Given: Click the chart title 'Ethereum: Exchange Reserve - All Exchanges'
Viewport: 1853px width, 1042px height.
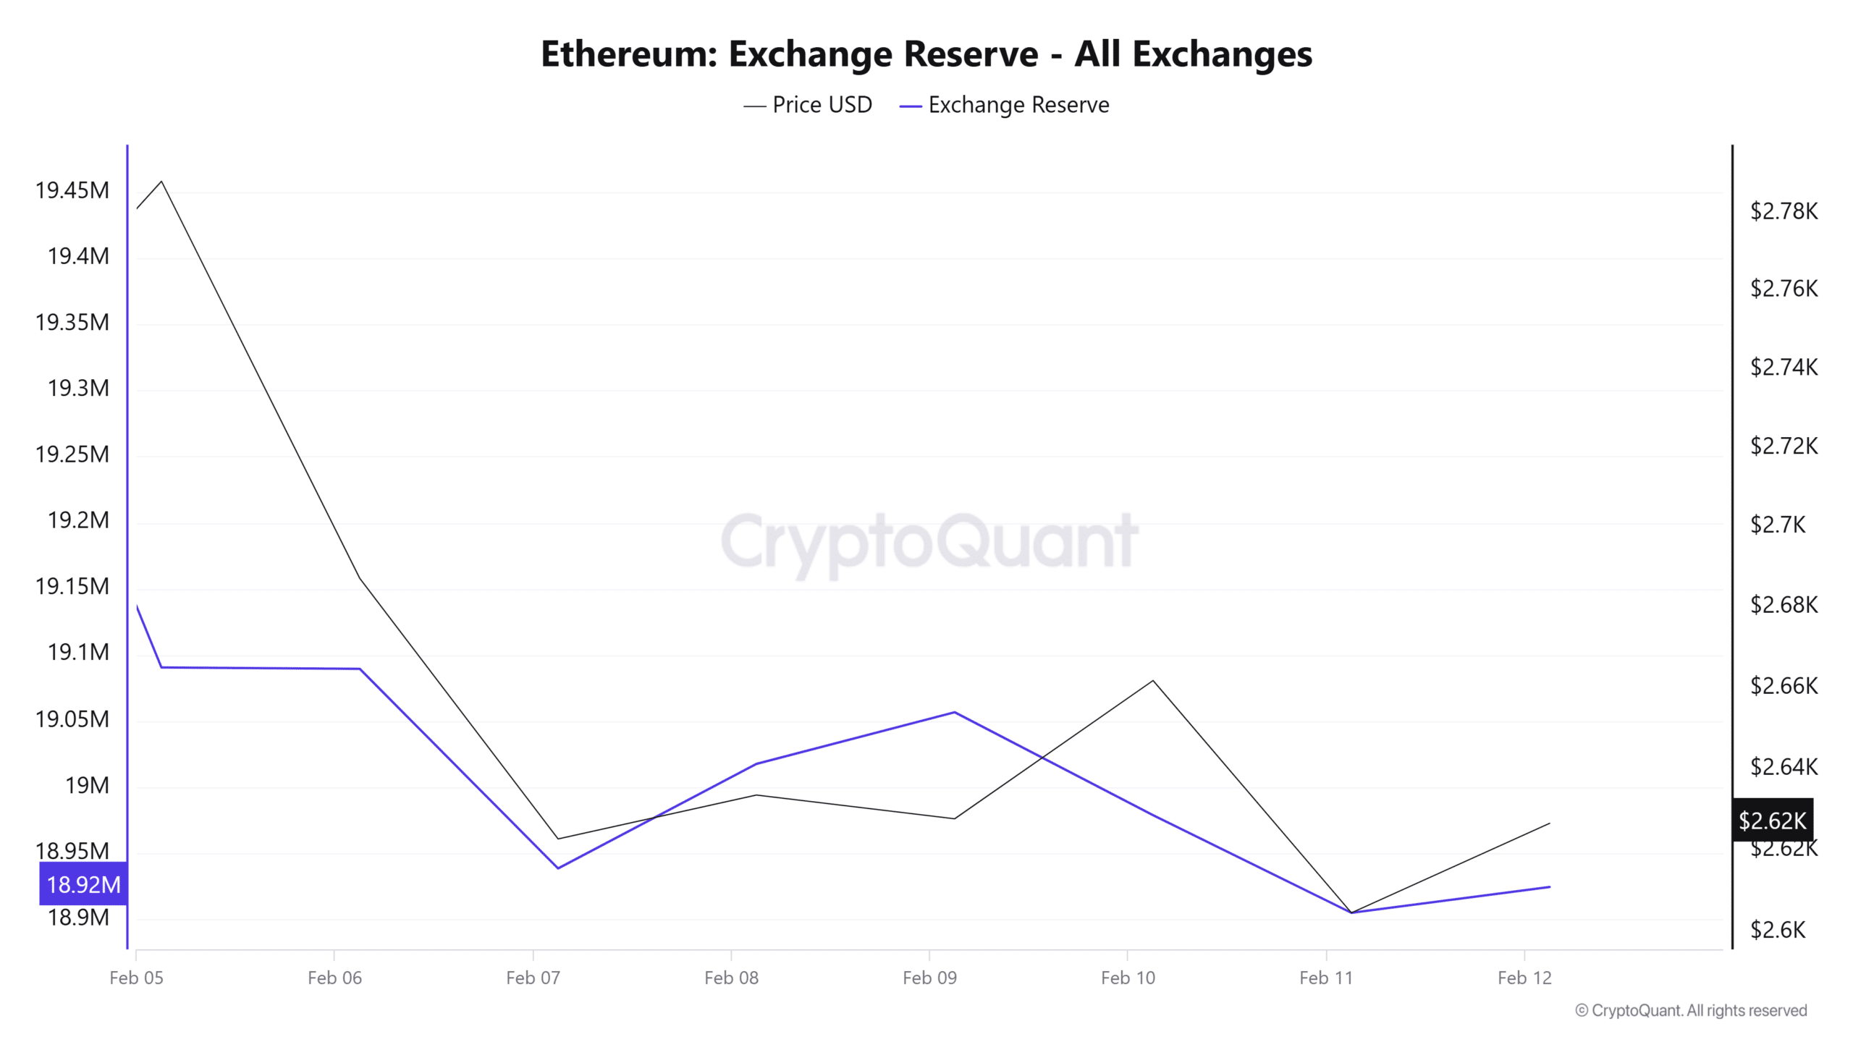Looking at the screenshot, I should coord(926,54).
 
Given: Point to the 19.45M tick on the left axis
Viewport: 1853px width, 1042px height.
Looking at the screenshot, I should coord(72,190).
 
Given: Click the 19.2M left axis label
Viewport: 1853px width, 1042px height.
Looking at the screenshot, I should coord(78,520).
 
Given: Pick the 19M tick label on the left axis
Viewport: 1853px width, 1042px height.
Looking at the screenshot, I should coord(87,785).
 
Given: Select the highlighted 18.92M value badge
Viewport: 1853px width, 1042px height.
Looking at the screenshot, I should coord(83,884).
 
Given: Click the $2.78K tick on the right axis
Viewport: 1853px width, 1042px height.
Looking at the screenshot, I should coord(1784,211).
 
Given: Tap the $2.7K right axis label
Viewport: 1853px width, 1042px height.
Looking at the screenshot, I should coord(1778,525).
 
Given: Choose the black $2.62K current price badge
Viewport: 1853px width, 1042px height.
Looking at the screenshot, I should coord(1772,821).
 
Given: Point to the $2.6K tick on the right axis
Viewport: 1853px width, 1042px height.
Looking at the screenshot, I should coord(1778,930).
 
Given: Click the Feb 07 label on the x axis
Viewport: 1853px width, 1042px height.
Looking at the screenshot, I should coord(533,978).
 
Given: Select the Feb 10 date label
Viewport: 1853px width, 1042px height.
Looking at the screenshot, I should coord(1128,978).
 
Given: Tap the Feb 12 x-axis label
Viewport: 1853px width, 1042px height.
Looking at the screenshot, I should coord(1524,978).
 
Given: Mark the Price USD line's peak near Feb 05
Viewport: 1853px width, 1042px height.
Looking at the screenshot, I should coord(161,181).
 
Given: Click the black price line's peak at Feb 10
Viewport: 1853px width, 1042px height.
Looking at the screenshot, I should coord(1153,680).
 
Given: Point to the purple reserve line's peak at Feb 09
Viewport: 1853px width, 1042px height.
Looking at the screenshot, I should coord(955,712).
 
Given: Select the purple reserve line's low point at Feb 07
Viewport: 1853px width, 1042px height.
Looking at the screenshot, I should coord(558,868).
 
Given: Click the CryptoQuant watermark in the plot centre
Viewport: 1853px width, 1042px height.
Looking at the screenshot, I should coord(929,541).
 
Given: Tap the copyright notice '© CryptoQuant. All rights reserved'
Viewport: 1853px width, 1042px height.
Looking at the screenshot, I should coord(1691,1011).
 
